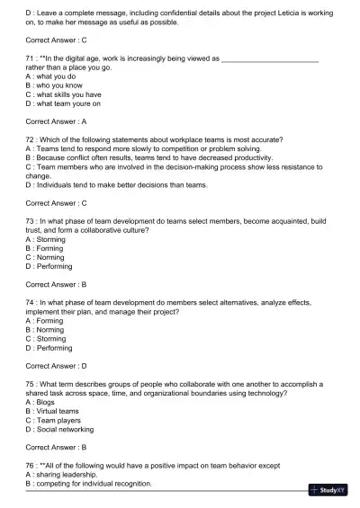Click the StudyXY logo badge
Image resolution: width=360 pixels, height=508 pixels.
tap(328, 490)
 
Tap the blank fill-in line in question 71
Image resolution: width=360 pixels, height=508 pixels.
tap(270, 58)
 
